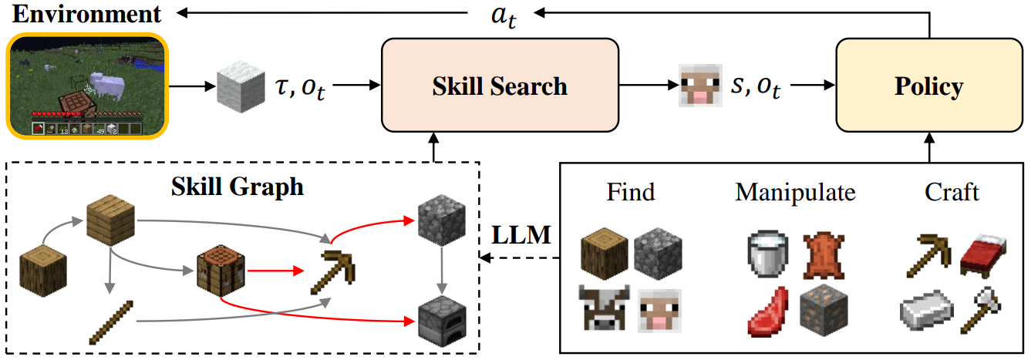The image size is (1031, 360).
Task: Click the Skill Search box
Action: (x=500, y=86)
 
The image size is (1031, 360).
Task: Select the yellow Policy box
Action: (x=928, y=86)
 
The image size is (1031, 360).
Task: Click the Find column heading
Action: (x=631, y=190)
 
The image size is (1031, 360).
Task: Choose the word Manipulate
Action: (x=795, y=190)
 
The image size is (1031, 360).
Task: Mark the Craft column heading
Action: (x=952, y=190)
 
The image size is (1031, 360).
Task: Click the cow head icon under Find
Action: (x=605, y=311)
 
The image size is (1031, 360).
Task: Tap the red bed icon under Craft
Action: (x=982, y=257)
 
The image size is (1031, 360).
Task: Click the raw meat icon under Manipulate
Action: (x=768, y=311)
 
